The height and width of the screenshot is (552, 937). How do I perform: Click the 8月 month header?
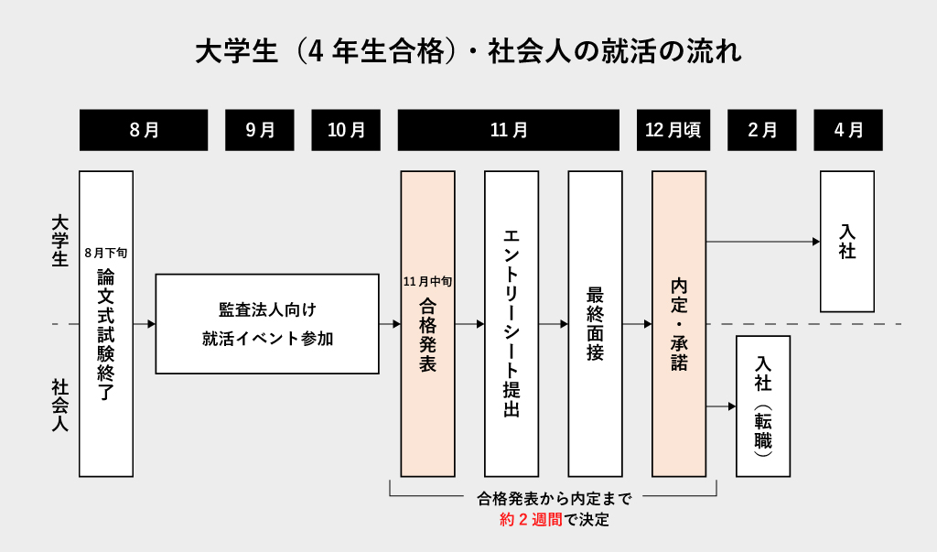click(144, 130)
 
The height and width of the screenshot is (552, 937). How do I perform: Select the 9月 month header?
click(260, 130)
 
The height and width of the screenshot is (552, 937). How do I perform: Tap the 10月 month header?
click(346, 130)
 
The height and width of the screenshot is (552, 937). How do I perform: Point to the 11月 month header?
click(509, 130)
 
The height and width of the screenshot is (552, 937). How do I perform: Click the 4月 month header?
click(848, 130)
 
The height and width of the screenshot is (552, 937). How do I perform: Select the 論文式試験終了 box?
click(106, 339)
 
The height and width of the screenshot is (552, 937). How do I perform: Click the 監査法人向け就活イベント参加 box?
click(267, 323)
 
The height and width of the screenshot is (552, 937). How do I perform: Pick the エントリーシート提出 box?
click(512, 323)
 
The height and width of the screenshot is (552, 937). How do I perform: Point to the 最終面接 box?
click(595, 323)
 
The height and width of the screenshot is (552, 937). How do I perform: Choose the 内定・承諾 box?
click(679, 323)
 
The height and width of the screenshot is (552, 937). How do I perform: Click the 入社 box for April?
click(847, 242)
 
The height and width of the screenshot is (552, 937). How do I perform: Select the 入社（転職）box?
click(763, 406)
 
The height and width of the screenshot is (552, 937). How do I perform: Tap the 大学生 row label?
click(60, 242)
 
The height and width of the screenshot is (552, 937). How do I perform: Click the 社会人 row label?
click(60, 406)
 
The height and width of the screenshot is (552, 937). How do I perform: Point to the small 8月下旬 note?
click(106, 251)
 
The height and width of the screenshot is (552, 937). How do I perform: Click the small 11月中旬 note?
click(427, 281)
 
